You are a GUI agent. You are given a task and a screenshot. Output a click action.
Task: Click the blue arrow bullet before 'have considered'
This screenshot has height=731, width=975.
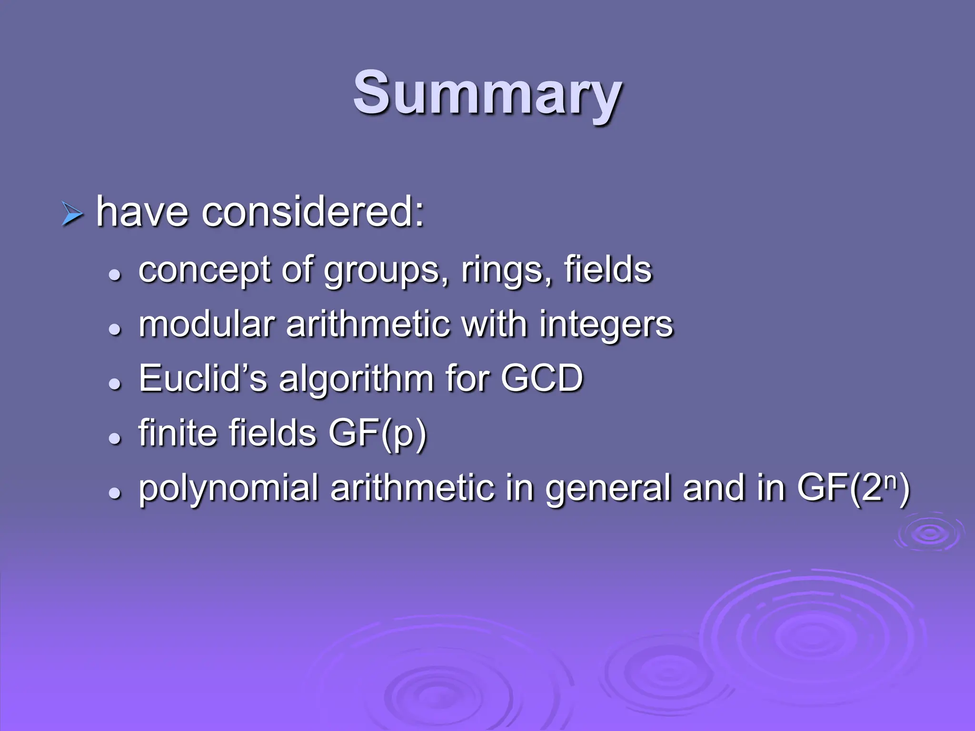[x=72, y=214]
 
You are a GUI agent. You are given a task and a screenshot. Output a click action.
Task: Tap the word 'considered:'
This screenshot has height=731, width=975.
[x=312, y=212]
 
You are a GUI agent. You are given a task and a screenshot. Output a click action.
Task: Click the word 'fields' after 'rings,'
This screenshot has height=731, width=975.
[x=608, y=269]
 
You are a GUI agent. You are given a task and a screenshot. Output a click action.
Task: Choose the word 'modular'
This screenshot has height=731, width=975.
[x=207, y=324]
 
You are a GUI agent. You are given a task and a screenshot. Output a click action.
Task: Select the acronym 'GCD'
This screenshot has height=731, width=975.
[x=542, y=378]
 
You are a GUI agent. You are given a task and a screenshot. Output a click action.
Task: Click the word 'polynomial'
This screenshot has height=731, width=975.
[x=229, y=489]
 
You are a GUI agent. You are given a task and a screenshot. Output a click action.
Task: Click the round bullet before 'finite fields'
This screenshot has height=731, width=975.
[x=114, y=439]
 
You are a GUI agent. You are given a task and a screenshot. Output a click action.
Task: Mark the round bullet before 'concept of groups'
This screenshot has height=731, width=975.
[x=114, y=275]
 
